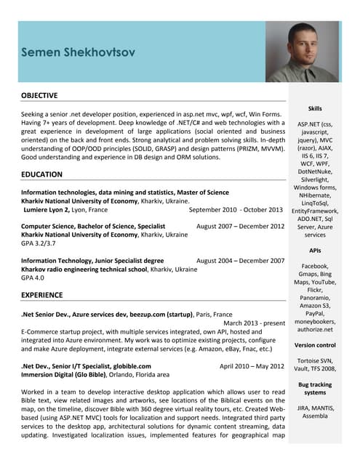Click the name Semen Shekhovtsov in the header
pyautogui.click(x=78, y=53)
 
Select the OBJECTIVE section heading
pyautogui.click(x=39, y=96)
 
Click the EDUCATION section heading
pyautogui.click(x=41, y=174)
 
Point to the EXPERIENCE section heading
pyautogui.click(x=43, y=295)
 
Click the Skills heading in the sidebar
pyautogui.click(x=315, y=108)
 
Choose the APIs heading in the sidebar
pyautogui.click(x=315, y=251)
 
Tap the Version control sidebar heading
pyautogui.click(x=315, y=345)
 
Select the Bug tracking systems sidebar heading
pyautogui.click(x=315, y=388)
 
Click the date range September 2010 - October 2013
pyautogui.click(x=235, y=209)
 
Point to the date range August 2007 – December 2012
pyautogui.click(x=240, y=226)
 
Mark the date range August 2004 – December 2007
pyautogui.click(x=240, y=260)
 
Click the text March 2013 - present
pyautogui.click(x=254, y=322)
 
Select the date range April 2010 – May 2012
pyautogui.click(x=252, y=366)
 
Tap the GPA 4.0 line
pyautogui.click(x=33, y=278)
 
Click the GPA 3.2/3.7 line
pyautogui.click(x=37, y=243)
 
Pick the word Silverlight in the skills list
pyautogui.click(x=315, y=179)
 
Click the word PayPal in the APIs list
pyautogui.click(x=315, y=313)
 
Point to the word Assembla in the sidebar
pyautogui.click(x=315, y=417)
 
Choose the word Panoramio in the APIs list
pyautogui.click(x=315, y=298)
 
